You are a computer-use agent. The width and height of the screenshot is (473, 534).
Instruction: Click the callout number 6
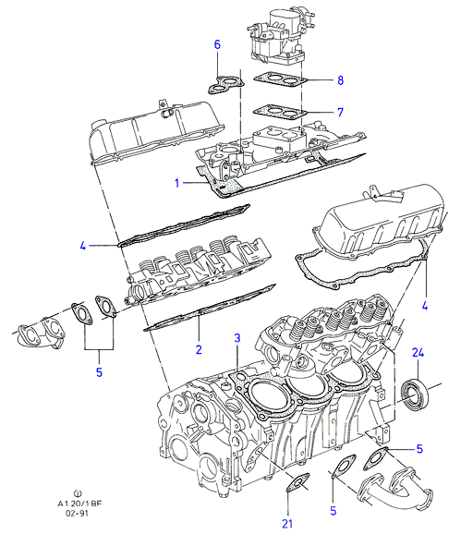point(217,44)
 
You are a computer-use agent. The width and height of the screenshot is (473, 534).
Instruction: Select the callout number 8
point(340,80)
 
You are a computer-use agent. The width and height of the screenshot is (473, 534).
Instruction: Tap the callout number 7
point(340,112)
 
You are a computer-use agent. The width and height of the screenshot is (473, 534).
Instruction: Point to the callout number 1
point(176,183)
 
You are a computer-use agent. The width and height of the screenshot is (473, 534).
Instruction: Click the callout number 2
point(199,349)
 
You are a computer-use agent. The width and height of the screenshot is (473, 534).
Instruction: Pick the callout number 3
point(237,338)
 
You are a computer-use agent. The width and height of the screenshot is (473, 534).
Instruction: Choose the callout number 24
point(418,353)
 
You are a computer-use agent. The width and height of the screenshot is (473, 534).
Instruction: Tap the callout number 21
point(287,524)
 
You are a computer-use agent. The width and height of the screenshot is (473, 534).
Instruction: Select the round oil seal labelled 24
point(415,394)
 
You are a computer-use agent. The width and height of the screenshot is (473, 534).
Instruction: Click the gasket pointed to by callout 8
point(281,79)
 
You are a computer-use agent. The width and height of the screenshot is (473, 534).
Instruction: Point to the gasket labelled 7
point(280,111)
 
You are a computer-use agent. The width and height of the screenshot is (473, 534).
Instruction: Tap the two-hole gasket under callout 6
point(225,85)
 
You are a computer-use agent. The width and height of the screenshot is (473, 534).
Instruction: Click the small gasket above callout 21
point(297,482)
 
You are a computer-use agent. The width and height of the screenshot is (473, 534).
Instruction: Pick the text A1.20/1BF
point(79,504)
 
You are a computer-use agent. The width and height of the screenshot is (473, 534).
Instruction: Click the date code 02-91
point(78,513)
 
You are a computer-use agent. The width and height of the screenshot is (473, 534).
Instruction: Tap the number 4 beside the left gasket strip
point(83,246)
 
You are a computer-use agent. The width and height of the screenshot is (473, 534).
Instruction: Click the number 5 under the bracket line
point(99,372)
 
